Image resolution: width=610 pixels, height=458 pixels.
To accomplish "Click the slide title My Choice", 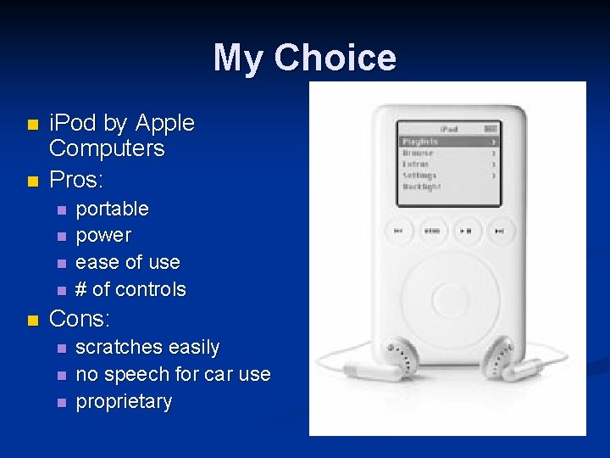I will click(x=304, y=59).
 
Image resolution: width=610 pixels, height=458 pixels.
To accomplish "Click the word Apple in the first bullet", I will click(x=165, y=124).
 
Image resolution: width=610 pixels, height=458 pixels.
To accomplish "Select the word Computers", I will click(x=107, y=148).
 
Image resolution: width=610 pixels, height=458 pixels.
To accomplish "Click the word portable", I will click(x=112, y=209).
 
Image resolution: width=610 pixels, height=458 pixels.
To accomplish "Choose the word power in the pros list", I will click(x=103, y=235).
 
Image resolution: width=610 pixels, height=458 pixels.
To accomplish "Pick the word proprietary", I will click(x=124, y=401).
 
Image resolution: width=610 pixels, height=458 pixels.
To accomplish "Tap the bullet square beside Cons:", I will click(x=32, y=321).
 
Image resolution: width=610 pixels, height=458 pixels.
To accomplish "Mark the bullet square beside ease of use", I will click(x=60, y=263).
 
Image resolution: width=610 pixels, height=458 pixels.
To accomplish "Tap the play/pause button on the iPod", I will click(x=466, y=230).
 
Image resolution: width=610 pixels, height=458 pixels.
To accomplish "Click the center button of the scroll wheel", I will click(x=447, y=299).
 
